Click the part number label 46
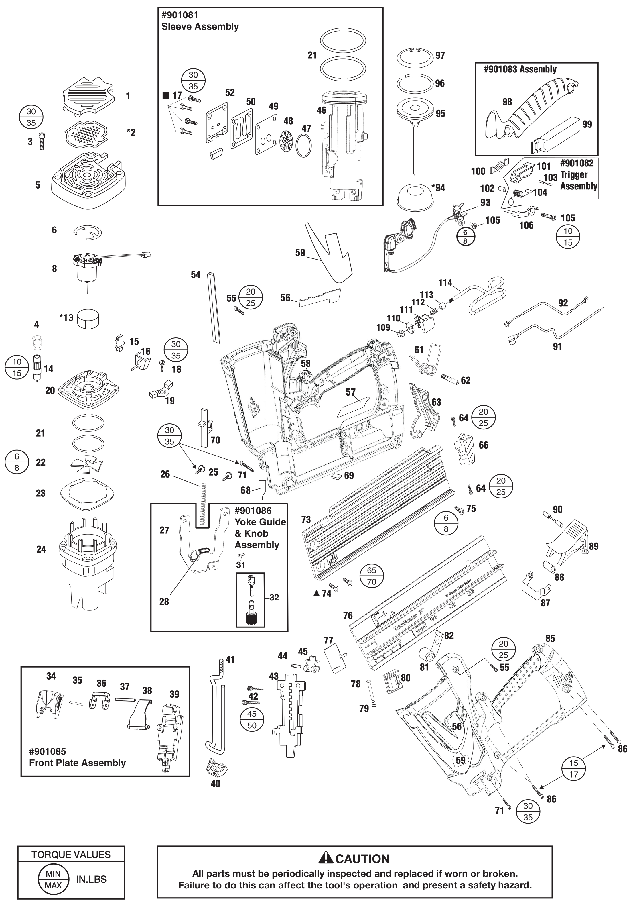click(322, 110)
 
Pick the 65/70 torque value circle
click(371, 576)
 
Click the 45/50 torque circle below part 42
click(252, 720)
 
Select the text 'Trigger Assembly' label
click(578, 180)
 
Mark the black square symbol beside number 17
click(166, 95)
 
